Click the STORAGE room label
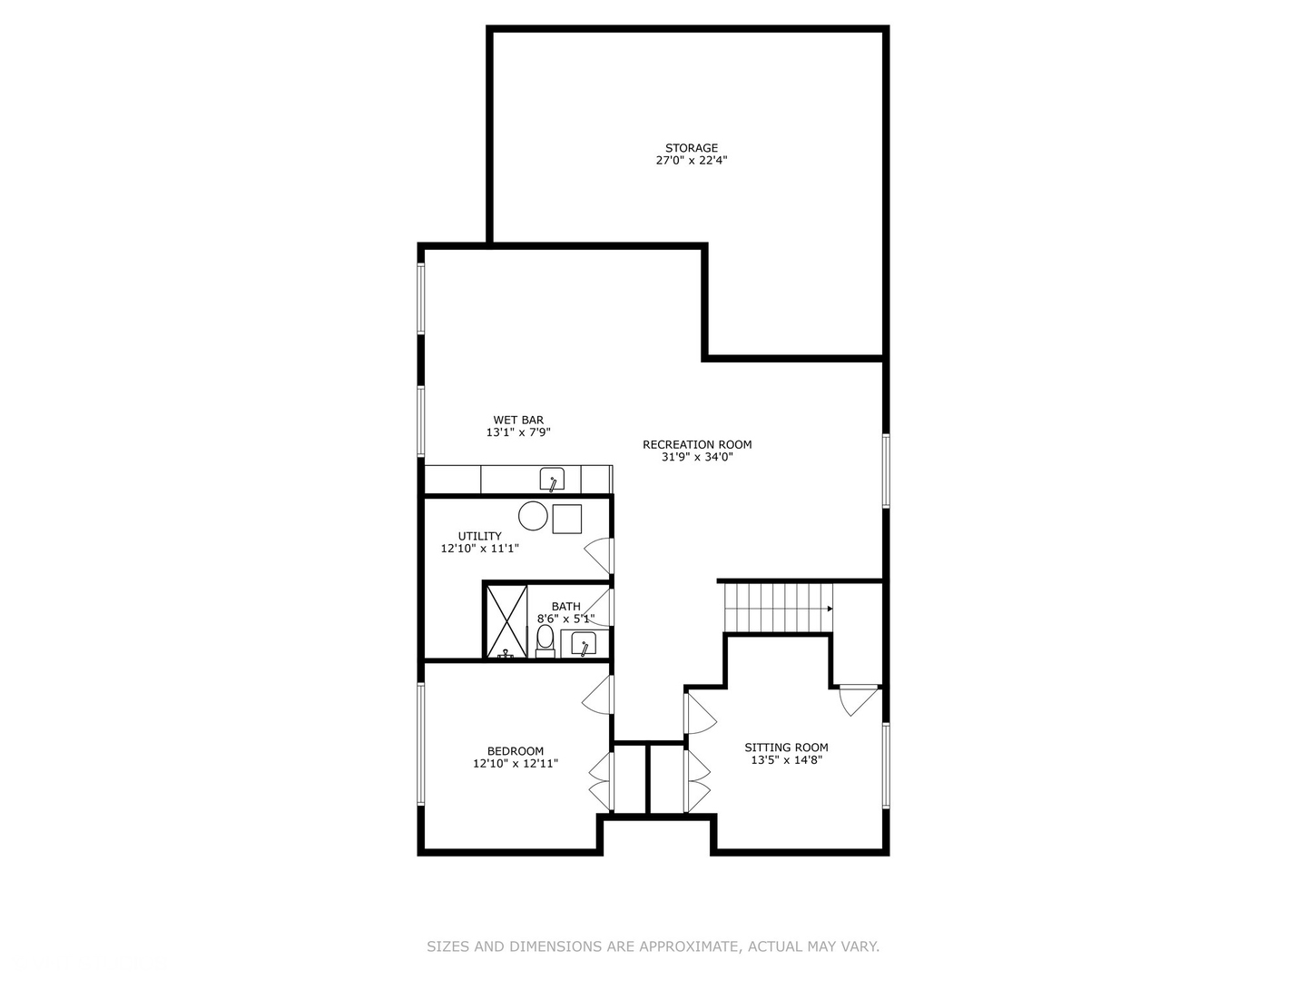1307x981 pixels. tap(691, 148)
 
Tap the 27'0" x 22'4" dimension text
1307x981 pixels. tap(691, 161)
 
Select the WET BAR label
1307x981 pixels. tap(518, 421)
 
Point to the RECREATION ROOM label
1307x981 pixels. tap(697, 444)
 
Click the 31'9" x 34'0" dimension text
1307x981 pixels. tap(697, 457)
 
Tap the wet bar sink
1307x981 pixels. tap(552, 479)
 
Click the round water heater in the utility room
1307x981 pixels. tap(533, 516)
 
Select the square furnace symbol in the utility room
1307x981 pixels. tap(566, 518)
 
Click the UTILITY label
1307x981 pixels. tap(479, 536)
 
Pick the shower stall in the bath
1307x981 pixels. tap(506, 621)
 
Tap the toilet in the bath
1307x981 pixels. tap(545, 639)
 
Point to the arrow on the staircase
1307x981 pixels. tap(829, 609)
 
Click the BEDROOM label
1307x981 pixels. tap(516, 751)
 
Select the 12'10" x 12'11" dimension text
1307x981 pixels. tap(516, 764)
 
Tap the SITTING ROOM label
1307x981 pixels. tap(786, 748)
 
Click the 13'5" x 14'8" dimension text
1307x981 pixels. tap(786, 760)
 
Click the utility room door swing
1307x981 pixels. tap(599, 554)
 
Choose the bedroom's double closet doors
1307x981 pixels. tap(601, 781)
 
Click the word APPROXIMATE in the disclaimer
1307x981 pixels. tap(689, 946)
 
